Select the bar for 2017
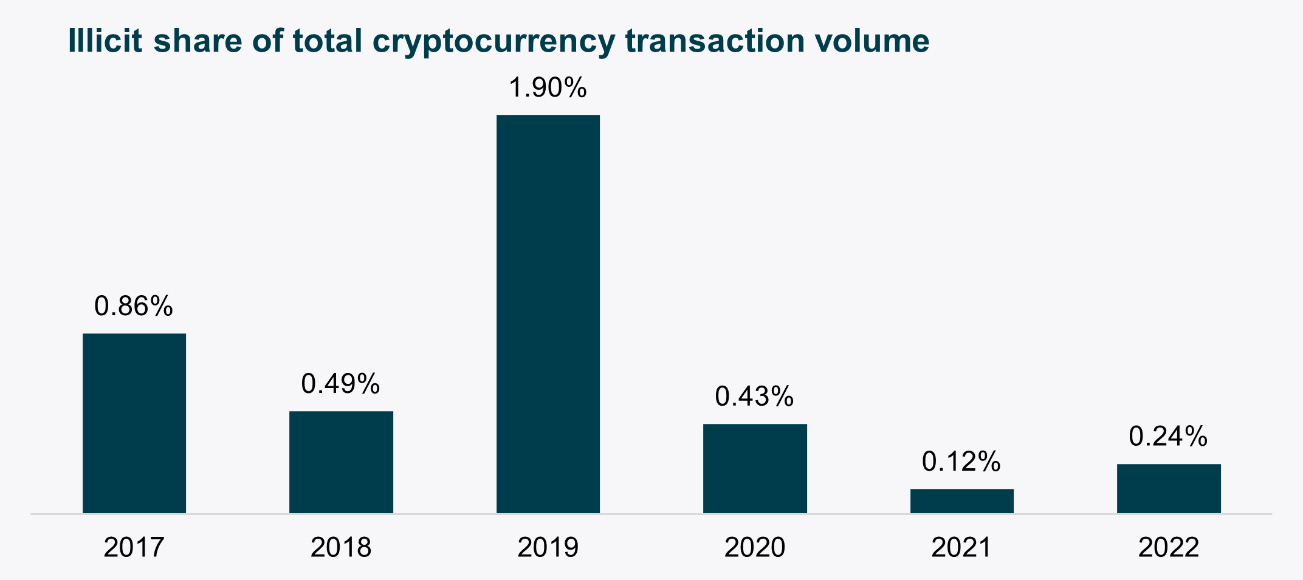tap(134, 423)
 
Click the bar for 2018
tap(341, 462)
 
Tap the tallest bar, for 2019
tap(548, 314)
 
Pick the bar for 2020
tap(755, 468)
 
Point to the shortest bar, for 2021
tap(961, 501)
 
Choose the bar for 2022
tap(1169, 488)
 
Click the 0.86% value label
tap(134, 306)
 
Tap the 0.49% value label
tap(340, 384)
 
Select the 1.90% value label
tap(548, 88)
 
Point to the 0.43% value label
tap(754, 397)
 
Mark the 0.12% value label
tap(961, 462)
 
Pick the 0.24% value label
tap(1168, 437)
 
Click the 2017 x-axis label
tap(134, 547)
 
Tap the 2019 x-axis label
tap(548, 547)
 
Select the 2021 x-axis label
tap(961, 547)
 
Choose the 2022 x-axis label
tap(1169, 547)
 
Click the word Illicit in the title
tap(105, 41)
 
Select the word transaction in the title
tap(715, 41)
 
